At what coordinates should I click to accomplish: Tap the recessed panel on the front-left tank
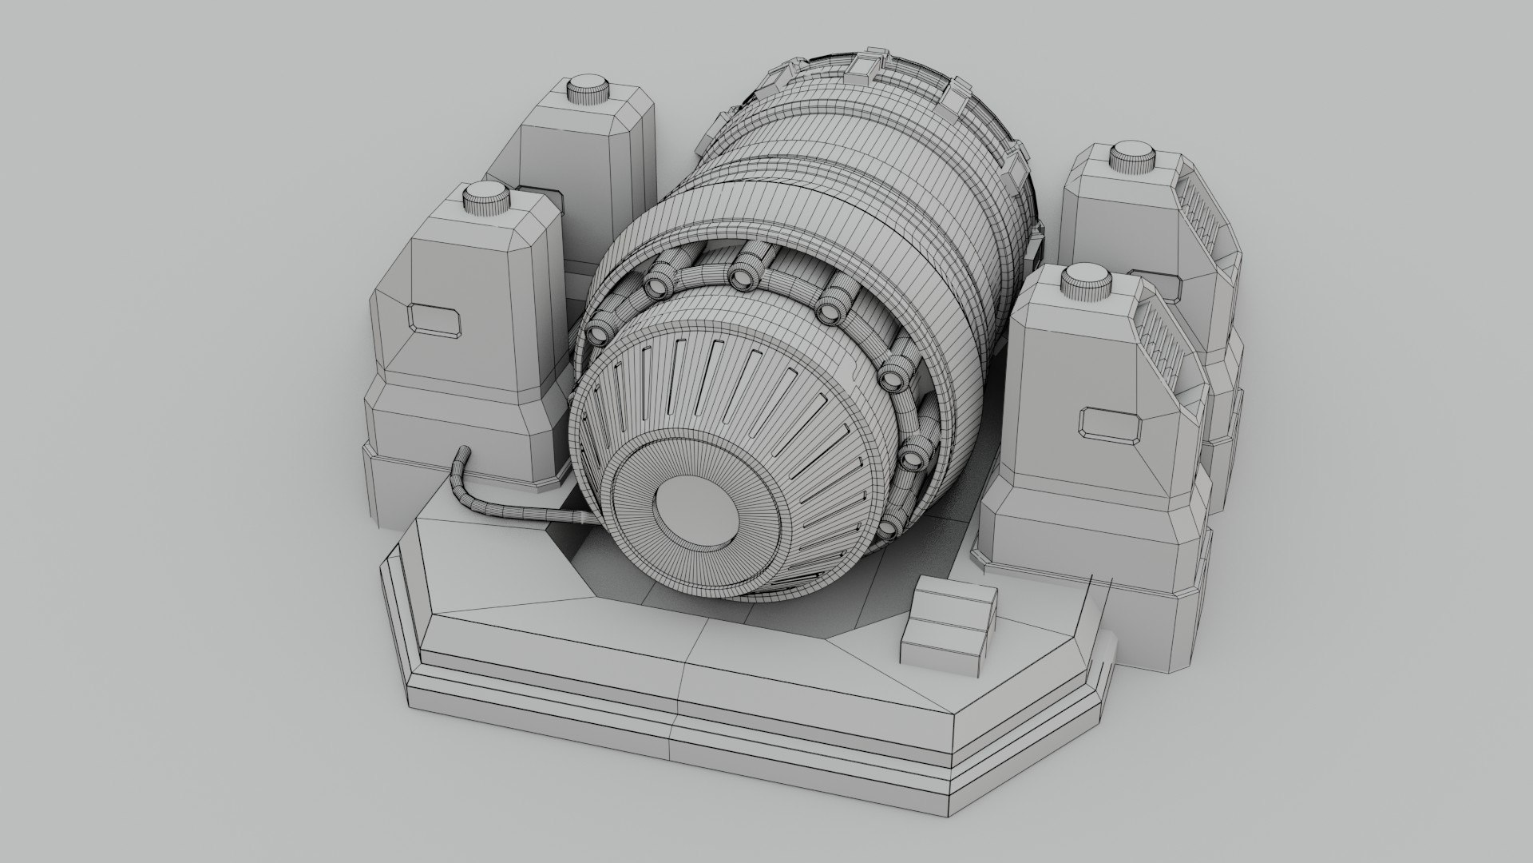(x=435, y=318)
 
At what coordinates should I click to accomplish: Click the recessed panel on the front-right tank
(x=1112, y=424)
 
